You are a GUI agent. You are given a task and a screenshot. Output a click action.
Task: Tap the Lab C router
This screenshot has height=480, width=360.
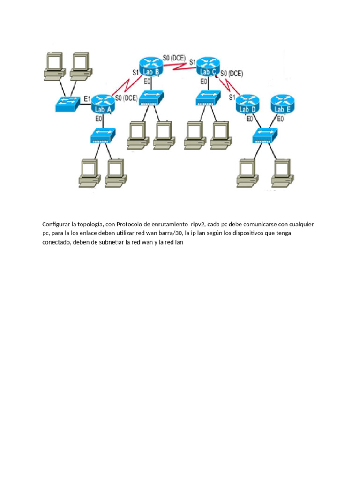[x=208, y=66]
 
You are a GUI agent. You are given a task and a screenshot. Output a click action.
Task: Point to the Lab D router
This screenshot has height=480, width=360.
[x=247, y=104]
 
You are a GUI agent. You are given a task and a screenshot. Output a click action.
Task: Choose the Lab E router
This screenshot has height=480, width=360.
[x=283, y=104]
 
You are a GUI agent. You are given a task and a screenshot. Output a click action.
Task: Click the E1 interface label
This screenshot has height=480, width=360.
[x=87, y=99]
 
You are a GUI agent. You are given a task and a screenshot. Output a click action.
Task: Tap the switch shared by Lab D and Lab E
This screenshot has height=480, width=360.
[x=265, y=136]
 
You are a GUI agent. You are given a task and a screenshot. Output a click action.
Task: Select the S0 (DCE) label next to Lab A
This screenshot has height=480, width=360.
[x=126, y=98]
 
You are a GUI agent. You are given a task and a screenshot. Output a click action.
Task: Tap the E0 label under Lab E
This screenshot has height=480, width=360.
[x=280, y=119]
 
